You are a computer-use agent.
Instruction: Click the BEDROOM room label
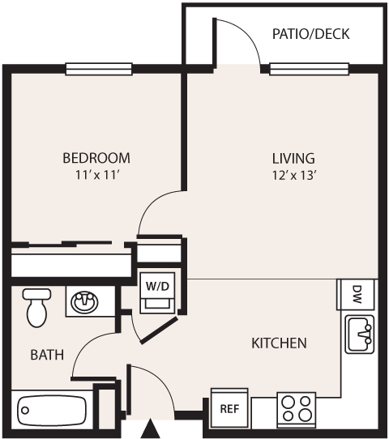(x=96, y=158)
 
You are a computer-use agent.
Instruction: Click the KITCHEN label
(x=279, y=343)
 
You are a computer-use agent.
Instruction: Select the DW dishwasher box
(x=357, y=294)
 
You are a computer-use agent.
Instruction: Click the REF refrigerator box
(x=229, y=408)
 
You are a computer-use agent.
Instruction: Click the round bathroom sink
(x=83, y=303)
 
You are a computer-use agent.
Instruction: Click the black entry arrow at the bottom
(x=150, y=428)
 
